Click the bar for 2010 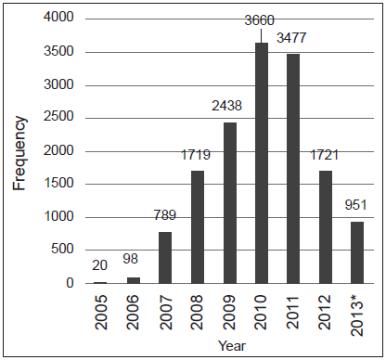point(261,162)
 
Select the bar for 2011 point(292,168)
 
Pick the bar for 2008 point(198,226)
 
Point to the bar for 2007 point(165,257)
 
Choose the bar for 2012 point(324,226)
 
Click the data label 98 point(134,261)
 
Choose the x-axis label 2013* point(355,313)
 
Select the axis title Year point(228,346)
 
